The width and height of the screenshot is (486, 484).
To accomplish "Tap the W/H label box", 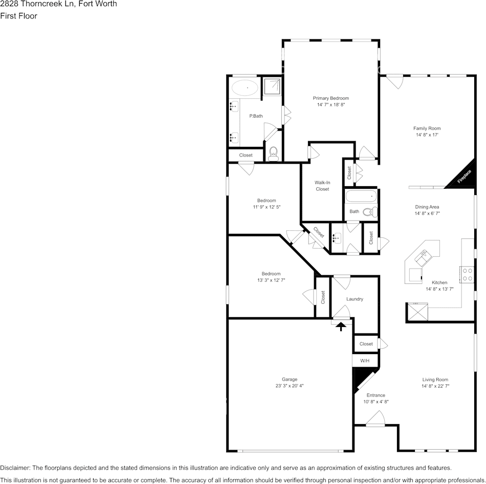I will (x=365, y=361).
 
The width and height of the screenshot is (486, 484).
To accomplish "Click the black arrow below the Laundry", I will (x=341, y=326).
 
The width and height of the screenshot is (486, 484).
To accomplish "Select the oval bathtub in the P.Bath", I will (x=245, y=88).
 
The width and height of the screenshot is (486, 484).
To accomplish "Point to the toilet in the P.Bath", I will (x=273, y=153).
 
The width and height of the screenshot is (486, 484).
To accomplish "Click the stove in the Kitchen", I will (x=466, y=275).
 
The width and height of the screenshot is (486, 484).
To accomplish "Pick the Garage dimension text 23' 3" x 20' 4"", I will (x=290, y=386).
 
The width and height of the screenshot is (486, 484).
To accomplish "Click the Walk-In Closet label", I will (x=322, y=186).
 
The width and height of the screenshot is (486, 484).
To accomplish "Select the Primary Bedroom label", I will (x=331, y=98).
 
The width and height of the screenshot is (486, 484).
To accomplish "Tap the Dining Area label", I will (x=427, y=207).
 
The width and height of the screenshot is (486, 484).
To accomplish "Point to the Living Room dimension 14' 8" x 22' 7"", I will (x=435, y=386).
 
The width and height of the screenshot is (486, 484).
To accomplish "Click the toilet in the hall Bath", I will (x=369, y=211).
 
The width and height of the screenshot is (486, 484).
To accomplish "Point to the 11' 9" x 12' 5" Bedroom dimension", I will (x=267, y=207).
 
